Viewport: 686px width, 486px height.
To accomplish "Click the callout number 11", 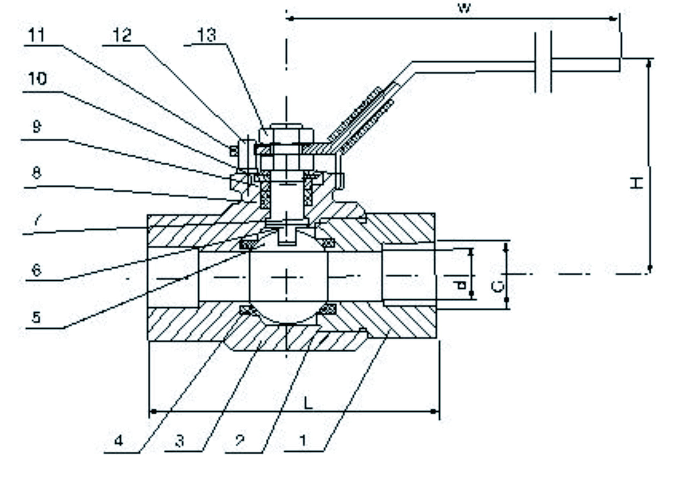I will click(x=36, y=35).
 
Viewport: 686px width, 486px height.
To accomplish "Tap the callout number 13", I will click(x=207, y=35).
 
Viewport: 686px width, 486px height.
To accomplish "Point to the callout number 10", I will click(x=37, y=79).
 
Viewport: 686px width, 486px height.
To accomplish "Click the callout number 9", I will click(x=36, y=127).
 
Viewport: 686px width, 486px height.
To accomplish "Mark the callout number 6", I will click(x=36, y=270).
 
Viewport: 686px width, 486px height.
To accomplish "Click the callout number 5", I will click(x=36, y=317).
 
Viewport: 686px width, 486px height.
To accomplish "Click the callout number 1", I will click(x=303, y=440).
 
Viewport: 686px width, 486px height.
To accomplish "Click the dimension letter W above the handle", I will click(x=464, y=8).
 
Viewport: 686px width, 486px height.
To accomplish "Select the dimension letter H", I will click(x=636, y=183).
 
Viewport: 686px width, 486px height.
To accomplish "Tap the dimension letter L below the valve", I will click(x=308, y=403).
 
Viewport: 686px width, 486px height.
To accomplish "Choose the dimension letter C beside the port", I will click(x=497, y=286).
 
